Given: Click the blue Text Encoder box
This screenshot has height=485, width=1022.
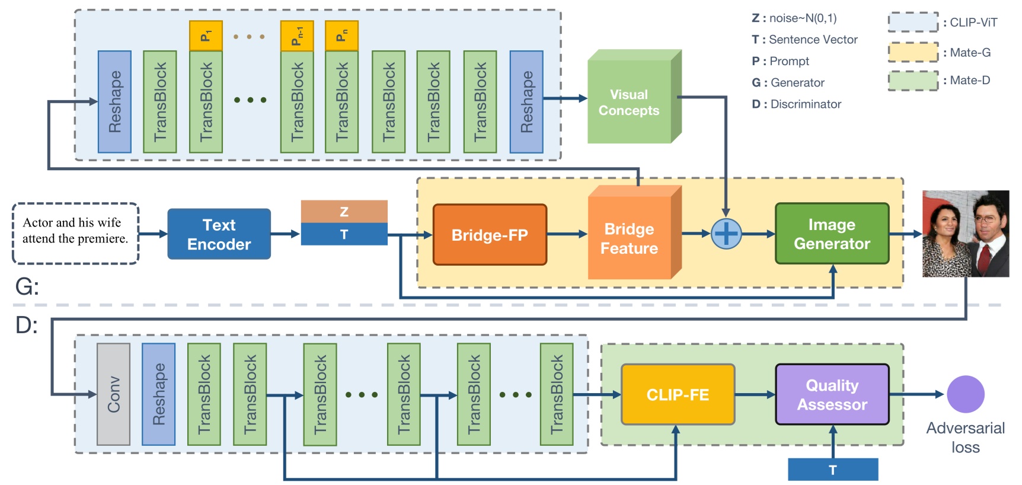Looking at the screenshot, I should coord(219,234).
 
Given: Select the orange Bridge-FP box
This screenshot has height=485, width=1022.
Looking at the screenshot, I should coord(490,235).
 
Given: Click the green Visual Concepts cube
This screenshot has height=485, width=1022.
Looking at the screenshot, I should coord(630,102).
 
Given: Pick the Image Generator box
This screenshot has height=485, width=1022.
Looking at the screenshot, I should coord(832,234).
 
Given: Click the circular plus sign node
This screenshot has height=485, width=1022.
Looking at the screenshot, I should coord(726,234).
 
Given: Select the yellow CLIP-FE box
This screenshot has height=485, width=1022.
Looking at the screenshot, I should coord(678,395).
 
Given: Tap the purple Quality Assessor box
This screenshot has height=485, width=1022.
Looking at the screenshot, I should coord(832,395).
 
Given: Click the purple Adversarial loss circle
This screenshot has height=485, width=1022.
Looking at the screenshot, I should coord(965,394).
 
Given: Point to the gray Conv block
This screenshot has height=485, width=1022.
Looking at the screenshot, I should coord(113,394).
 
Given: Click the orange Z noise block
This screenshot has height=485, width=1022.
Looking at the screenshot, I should coord(344,212).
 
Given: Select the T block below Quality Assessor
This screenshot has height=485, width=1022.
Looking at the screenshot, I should coord(832,470).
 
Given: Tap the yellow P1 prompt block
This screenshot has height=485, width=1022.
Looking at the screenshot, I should coord(206,36).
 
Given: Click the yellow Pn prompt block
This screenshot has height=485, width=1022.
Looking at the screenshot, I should coord(341,36).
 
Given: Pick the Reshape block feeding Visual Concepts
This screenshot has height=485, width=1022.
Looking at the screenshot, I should coord(526,102).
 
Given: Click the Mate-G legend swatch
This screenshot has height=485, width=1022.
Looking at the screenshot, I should coord(913,52).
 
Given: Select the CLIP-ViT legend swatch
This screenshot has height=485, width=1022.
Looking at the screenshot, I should coord(913,22).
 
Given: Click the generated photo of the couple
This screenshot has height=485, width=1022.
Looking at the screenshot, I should coord(965,234).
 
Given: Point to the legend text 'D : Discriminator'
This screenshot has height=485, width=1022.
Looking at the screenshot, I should coord(796,104).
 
